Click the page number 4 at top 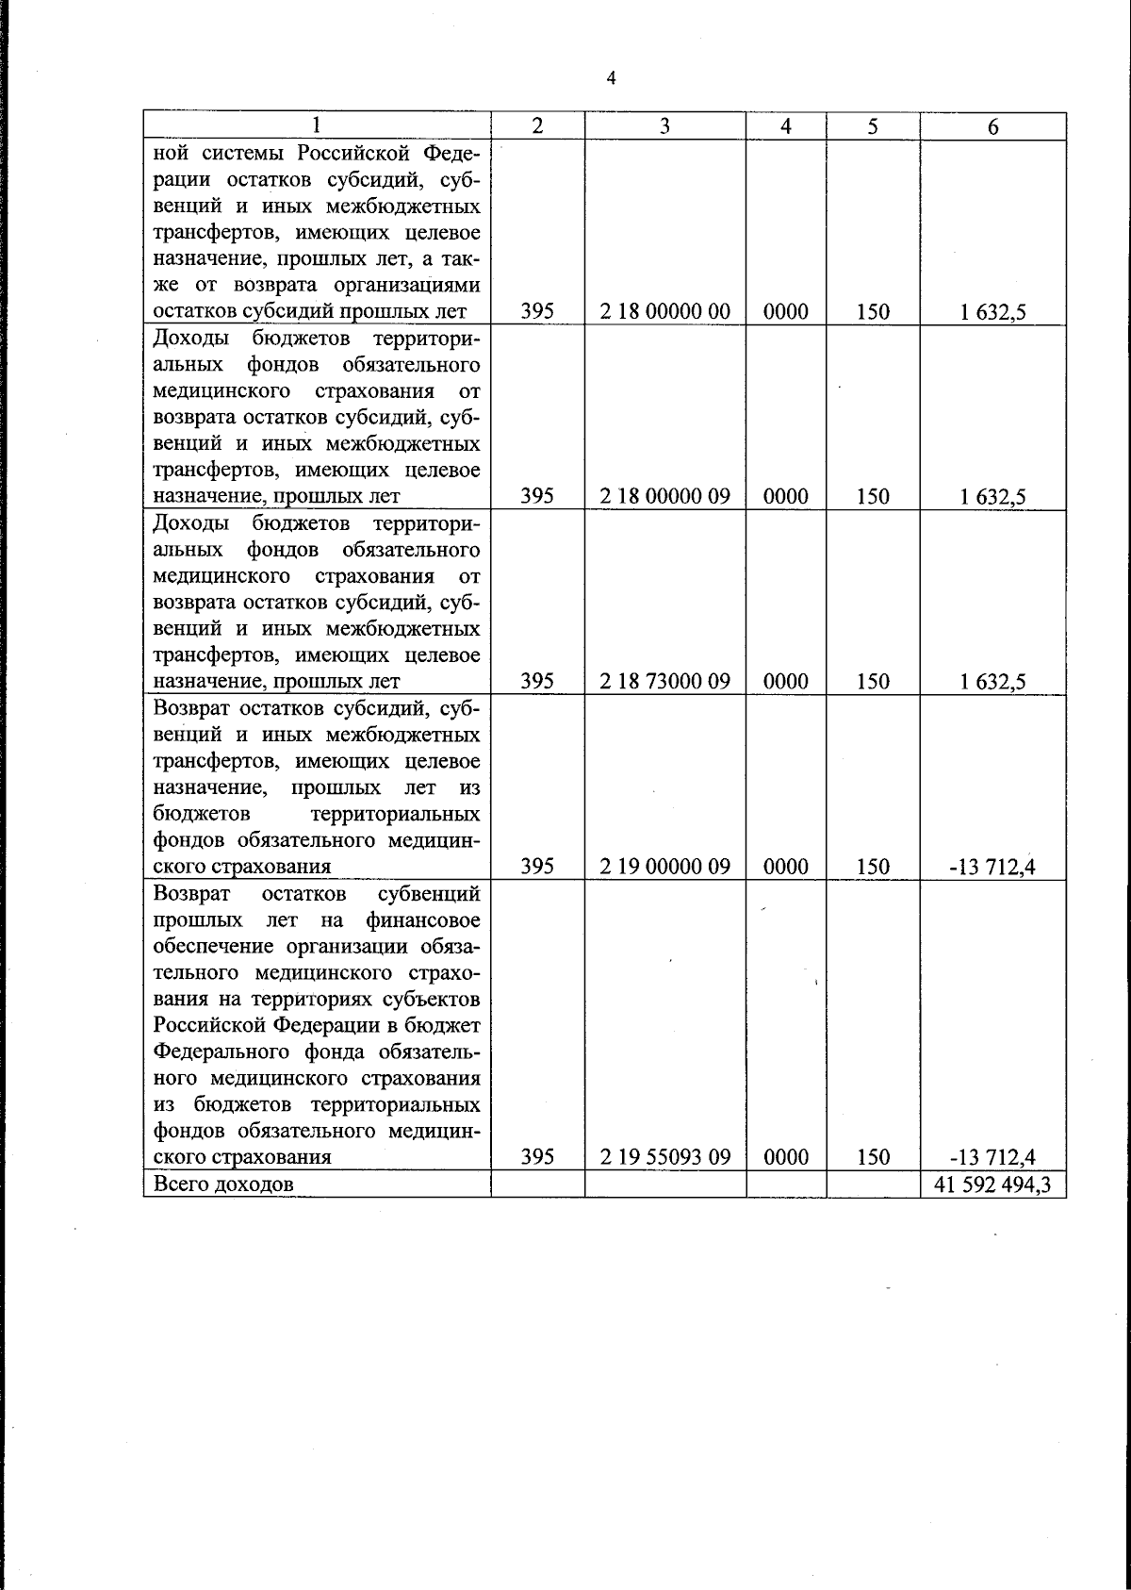tap(611, 78)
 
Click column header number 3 tap(664, 126)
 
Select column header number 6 tap(992, 127)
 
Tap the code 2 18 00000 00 tap(664, 311)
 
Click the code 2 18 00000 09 tap(664, 496)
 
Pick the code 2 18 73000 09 tap(664, 681)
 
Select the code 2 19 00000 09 tap(664, 866)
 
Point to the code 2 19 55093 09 tap(664, 1156)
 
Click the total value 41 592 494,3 tap(992, 1184)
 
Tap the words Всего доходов tap(223, 1184)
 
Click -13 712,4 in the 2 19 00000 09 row tap(992, 866)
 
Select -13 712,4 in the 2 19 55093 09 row tap(992, 1156)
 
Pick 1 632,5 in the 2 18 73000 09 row tap(992, 681)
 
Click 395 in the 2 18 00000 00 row tap(536, 311)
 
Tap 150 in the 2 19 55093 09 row tap(873, 1156)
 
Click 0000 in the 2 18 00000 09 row tap(786, 496)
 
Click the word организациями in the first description tap(414, 285)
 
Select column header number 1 tap(317, 126)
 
